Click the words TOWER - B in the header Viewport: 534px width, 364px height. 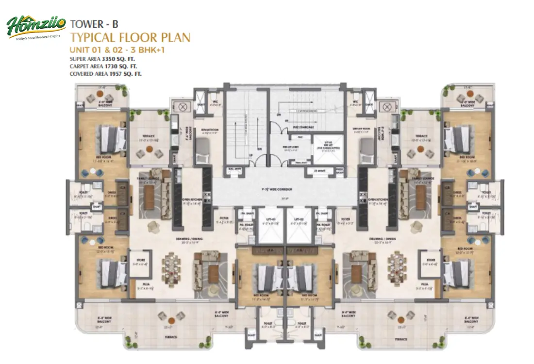click(94, 23)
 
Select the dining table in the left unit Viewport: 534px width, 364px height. click(172, 268)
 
